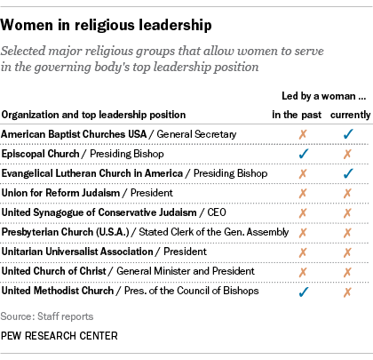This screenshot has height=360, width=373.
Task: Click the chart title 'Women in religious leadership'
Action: pos(99,17)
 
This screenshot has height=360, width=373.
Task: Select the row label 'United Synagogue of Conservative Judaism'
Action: pos(104,212)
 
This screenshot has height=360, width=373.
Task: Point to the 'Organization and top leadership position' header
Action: pos(93,114)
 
